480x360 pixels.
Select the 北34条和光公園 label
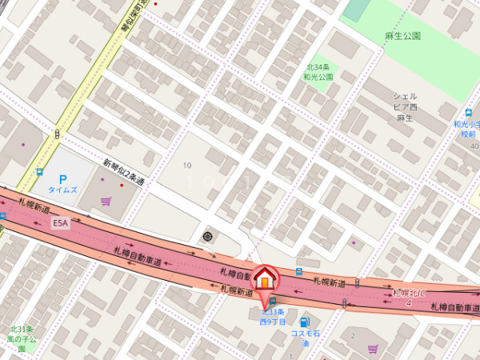(318, 72)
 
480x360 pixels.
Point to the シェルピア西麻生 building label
(405, 106)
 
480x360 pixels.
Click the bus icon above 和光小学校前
(468, 113)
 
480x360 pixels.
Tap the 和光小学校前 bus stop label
(466, 130)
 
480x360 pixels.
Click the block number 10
(187, 166)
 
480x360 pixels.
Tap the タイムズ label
(62, 190)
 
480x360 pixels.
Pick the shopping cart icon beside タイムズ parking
(106, 202)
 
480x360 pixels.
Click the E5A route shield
(61, 224)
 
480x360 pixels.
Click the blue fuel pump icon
(303, 322)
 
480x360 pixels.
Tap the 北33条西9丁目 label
(273, 316)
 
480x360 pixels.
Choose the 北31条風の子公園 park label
(22, 339)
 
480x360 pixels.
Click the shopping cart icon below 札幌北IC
(373, 349)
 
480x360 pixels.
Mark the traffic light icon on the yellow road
(57, 134)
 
